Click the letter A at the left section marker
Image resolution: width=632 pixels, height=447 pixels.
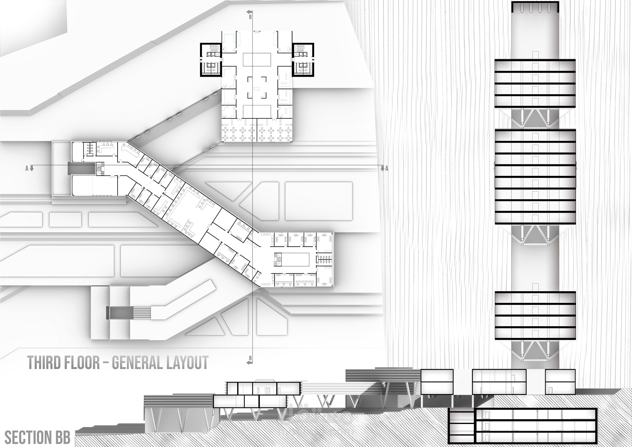(27, 168)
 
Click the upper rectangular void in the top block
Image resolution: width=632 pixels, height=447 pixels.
(257, 60)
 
